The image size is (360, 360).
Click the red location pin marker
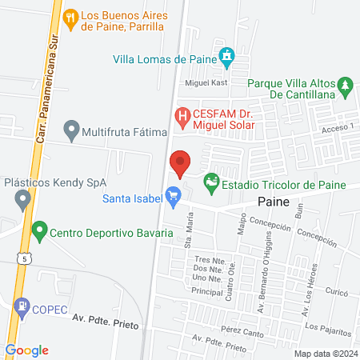pyautogui.click(x=181, y=163)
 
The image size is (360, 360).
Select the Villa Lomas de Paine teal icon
pyautogui.click(x=229, y=56)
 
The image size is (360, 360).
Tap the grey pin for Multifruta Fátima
pyautogui.click(x=71, y=129)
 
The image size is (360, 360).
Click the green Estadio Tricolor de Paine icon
pyautogui.click(x=211, y=184)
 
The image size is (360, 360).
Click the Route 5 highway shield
pyautogui.click(x=26, y=258)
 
